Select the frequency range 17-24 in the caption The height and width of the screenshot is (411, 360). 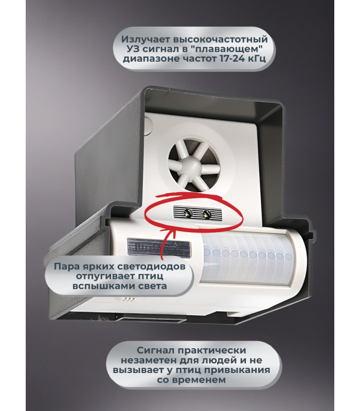pos(233,58)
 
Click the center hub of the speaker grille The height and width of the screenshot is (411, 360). pos(194,165)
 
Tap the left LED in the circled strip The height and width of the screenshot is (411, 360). pos(188,213)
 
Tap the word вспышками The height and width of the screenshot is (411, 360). pos(100,286)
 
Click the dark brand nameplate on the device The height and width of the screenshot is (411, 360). pos(159,247)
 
